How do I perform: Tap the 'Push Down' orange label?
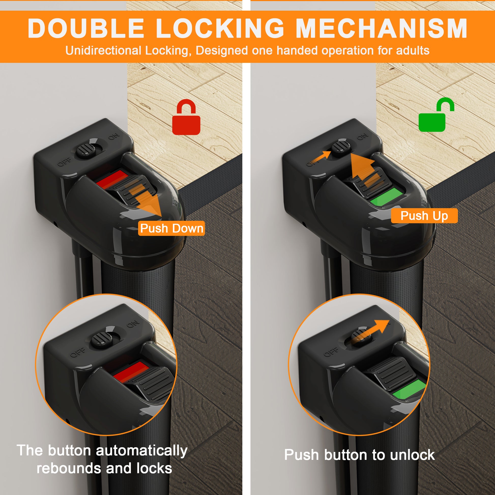click(x=171, y=228)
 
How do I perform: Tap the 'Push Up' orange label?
click(x=424, y=215)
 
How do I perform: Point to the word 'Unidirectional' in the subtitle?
click(x=103, y=50)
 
